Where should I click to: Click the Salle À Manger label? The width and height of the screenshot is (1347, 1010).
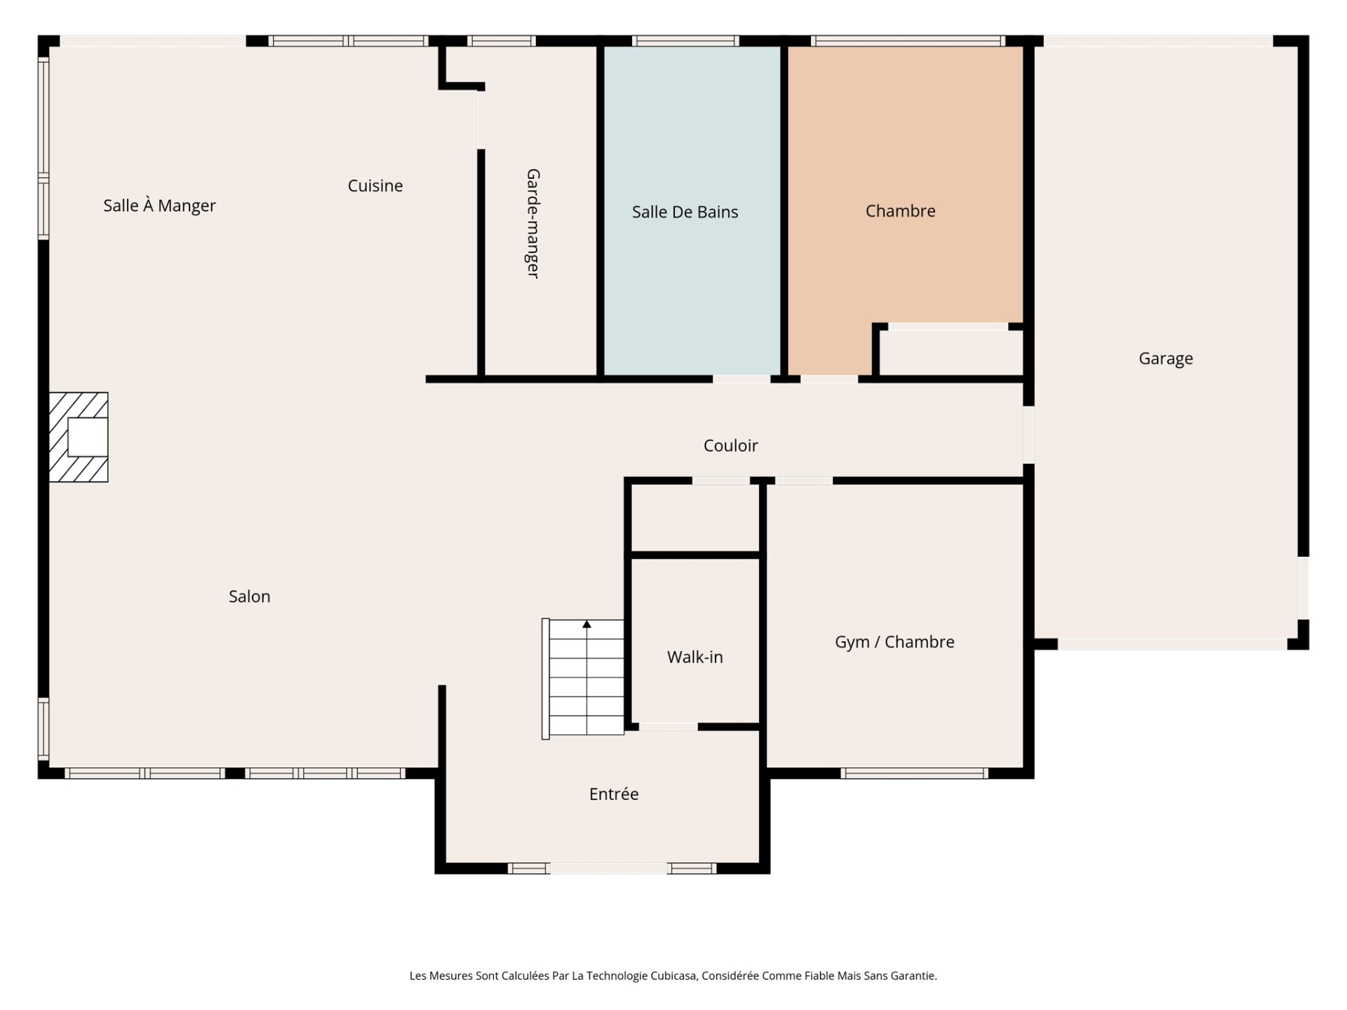tap(159, 206)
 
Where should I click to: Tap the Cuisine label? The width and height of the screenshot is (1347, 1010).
tap(375, 186)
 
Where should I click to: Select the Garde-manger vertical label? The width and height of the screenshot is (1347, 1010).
tap(533, 223)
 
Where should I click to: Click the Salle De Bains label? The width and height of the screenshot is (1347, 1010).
tap(685, 212)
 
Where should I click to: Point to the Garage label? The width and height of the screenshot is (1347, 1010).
tap(1165, 359)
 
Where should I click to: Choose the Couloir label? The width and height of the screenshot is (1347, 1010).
tap(730, 445)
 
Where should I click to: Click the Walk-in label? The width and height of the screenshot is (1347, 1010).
tap(695, 657)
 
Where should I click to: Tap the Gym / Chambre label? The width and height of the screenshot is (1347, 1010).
tap(894, 642)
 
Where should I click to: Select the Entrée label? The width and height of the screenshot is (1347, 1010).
tap(614, 794)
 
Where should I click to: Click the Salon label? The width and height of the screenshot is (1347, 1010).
tap(249, 596)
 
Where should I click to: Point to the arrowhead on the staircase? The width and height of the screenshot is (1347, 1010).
tap(587, 624)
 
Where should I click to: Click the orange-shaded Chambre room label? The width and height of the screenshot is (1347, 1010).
tap(900, 211)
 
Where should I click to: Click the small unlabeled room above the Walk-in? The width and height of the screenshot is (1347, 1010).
tap(695, 518)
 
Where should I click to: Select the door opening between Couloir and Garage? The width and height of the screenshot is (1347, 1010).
tap(1028, 435)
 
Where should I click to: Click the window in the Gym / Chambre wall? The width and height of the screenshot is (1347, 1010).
tap(914, 774)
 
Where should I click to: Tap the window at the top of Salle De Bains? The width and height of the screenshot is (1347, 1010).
tap(685, 41)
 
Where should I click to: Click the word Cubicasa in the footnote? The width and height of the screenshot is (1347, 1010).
tap(673, 976)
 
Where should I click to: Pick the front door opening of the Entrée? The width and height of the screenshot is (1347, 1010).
tap(608, 868)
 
